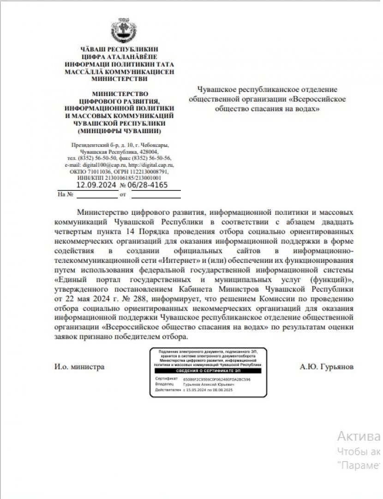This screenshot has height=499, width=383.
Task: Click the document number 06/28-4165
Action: click(147, 185)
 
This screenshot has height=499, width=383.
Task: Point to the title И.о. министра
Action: click(79, 367)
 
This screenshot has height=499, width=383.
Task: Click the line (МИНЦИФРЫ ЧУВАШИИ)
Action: click(120, 131)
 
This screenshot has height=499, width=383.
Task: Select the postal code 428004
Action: click(150, 152)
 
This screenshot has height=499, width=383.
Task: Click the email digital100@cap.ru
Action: click(98, 164)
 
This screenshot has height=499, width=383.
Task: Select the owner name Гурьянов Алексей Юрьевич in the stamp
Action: click(209, 384)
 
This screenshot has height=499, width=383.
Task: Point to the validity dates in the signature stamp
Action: click(208, 390)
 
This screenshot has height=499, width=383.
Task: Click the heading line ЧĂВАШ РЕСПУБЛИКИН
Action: click(120, 49)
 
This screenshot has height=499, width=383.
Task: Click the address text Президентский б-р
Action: click(90, 145)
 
